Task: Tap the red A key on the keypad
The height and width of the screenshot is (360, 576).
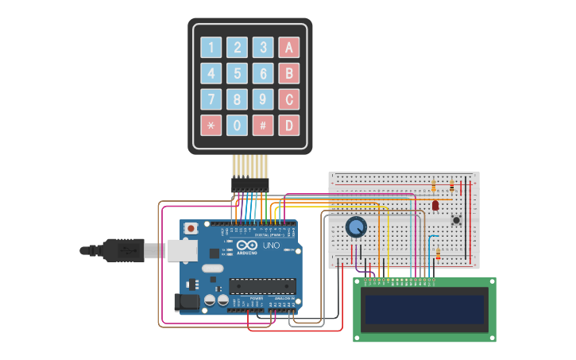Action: [289, 48]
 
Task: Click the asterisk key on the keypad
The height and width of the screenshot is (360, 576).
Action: [211, 125]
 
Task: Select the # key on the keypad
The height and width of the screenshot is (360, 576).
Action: [263, 125]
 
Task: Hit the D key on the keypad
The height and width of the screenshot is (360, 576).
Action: [289, 125]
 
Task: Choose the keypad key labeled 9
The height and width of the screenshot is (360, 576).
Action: [263, 99]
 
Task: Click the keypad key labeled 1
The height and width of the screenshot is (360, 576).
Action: [211, 48]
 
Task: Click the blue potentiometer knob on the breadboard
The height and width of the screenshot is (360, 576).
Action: [357, 227]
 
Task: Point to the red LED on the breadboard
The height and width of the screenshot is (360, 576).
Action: [435, 205]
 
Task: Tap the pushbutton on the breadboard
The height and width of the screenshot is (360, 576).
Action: [456, 219]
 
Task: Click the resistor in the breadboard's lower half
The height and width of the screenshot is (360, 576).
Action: [438, 253]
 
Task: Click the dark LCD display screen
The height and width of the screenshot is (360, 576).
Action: [424, 309]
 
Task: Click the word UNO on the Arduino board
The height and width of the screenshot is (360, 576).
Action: [271, 246]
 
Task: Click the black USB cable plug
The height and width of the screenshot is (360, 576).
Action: [123, 250]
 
